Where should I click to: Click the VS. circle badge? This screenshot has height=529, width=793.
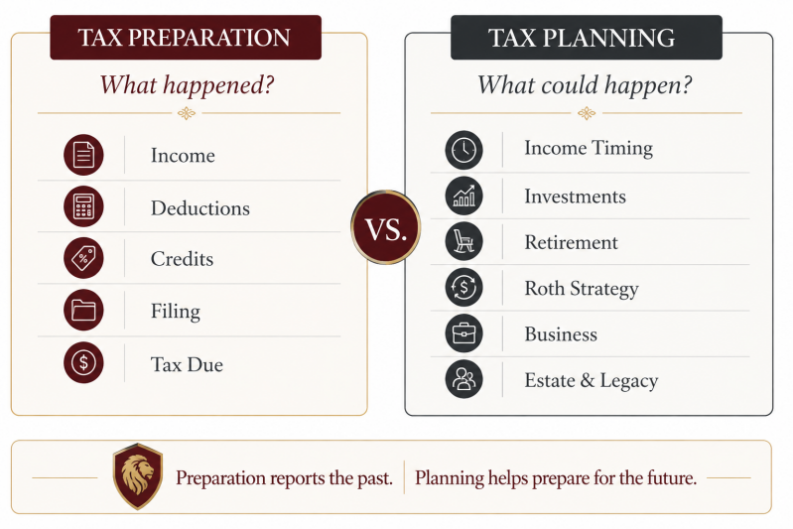click(x=386, y=227)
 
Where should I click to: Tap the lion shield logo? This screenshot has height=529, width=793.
click(x=138, y=475)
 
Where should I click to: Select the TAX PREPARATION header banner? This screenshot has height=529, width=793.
click(x=186, y=38)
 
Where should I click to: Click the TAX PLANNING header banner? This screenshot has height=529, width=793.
click(x=587, y=38)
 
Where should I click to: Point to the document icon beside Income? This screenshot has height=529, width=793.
click(x=83, y=155)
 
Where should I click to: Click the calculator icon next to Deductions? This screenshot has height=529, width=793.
click(x=83, y=206)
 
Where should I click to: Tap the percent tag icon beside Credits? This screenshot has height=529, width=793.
click(x=83, y=258)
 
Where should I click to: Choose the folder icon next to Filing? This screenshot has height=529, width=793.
click(x=83, y=310)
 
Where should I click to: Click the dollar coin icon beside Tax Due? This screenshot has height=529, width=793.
click(x=83, y=362)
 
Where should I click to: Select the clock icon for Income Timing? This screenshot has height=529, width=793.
click(x=463, y=150)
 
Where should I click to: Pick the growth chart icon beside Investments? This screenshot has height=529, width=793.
click(x=463, y=196)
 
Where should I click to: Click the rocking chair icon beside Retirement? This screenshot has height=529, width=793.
click(x=463, y=241)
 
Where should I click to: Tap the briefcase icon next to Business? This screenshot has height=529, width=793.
click(x=463, y=333)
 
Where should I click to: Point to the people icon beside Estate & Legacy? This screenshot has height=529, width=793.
click(x=463, y=379)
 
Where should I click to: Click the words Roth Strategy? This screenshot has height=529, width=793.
click(x=582, y=289)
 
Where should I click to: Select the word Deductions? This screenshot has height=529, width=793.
click(x=200, y=207)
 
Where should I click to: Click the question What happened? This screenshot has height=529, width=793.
click(x=187, y=85)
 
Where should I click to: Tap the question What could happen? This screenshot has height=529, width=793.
click(x=585, y=85)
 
